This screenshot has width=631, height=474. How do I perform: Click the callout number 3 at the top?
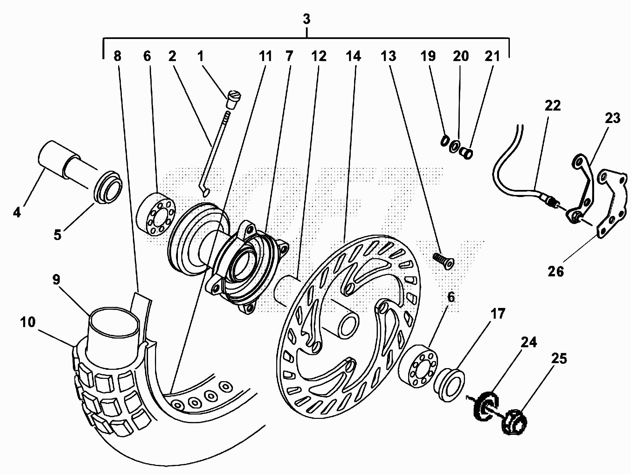(x=306, y=19)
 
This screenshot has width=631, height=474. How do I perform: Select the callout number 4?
(x=17, y=212)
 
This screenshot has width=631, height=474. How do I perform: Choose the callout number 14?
(x=353, y=56)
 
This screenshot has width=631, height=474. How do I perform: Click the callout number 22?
(x=553, y=106)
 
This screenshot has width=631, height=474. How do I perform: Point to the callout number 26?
(x=555, y=271)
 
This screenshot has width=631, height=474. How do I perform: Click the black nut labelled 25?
(x=514, y=421)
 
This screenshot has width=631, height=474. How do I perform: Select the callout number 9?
(x=56, y=280)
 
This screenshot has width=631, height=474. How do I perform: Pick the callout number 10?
(x=28, y=322)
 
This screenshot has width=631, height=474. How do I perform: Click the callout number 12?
(x=319, y=56)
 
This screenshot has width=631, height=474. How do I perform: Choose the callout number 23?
(x=613, y=118)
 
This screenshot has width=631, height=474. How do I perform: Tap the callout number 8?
(x=117, y=56)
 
